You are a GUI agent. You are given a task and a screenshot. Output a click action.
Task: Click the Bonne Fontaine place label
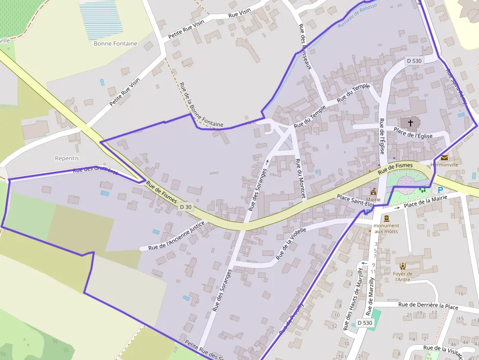click(x=115, y=43)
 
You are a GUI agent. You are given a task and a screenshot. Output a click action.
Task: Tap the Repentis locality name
click(x=67, y=158)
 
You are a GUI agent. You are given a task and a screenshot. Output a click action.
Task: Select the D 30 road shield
click(x=186, y=207)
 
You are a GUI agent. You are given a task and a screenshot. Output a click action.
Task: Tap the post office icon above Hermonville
click(x=444, y=157)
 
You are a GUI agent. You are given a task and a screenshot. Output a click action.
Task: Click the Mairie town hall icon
click(x=373, y=191)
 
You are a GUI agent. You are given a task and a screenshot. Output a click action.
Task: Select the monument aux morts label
click(x=386, y=228)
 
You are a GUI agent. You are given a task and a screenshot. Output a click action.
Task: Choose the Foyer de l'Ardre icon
click(x=403, y=266)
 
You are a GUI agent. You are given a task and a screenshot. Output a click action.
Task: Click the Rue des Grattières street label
click(x=95, y=171)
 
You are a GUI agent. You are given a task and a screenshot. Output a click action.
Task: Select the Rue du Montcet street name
click(x=300, y=178)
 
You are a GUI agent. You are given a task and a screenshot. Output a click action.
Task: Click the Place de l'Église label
click(x=413, y=133)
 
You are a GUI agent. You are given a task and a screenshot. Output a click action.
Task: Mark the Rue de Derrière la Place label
click(x=428, y=306)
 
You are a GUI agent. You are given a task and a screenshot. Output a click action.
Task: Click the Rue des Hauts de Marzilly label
click(x=354, y=297)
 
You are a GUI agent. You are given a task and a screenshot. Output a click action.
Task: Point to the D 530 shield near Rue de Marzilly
click(x=365, y=323)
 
